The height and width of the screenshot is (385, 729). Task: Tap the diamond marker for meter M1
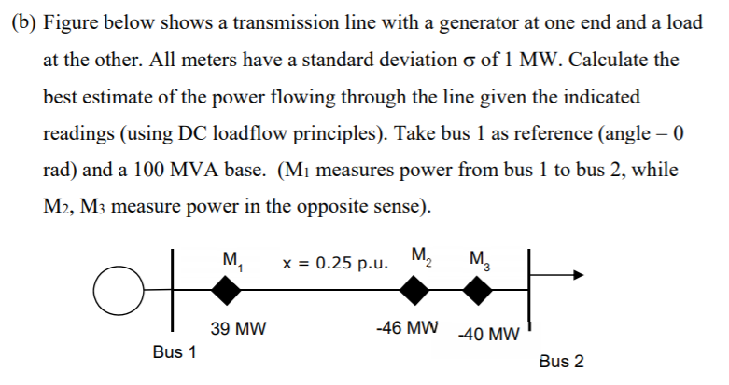click(x=224, y=292)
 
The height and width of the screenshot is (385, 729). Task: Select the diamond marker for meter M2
click(x=414, y=292)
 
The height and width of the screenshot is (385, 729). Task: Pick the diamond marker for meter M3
click(x=478, y=292)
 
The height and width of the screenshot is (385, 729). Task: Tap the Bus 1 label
click(x=175, y=352)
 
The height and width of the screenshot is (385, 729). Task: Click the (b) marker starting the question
click(x=22, y=23)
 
